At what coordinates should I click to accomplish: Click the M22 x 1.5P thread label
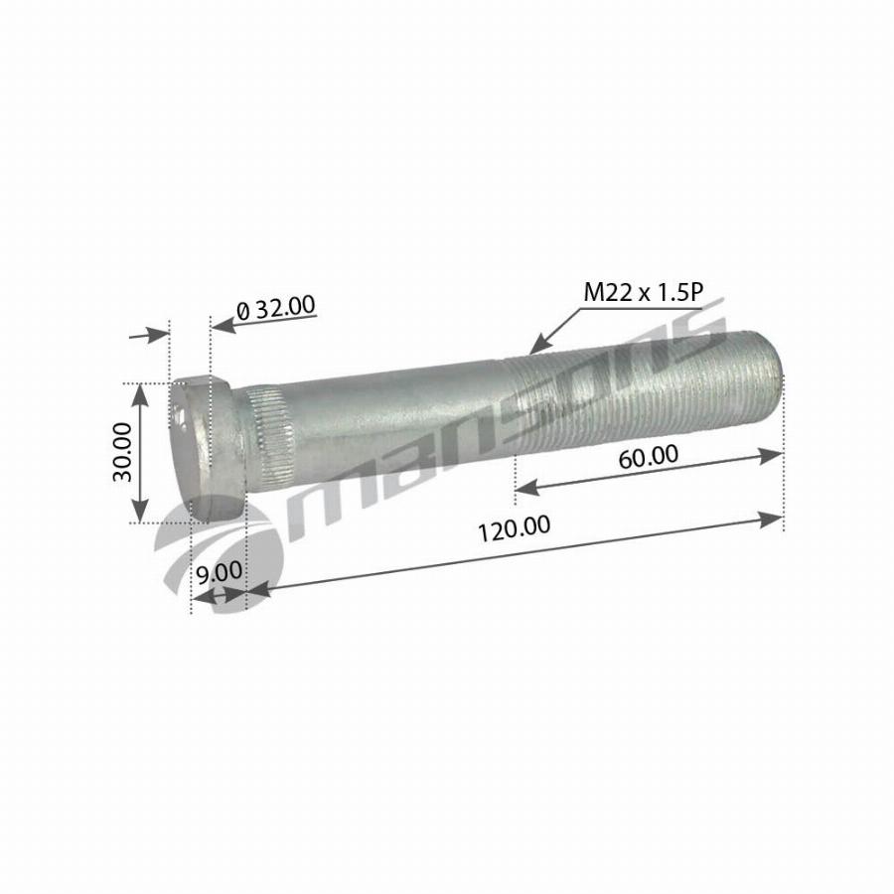(x=644, y=292)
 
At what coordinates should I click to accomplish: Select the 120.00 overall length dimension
(x=514, y=528)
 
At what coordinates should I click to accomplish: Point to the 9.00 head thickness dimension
(x=219, y=572)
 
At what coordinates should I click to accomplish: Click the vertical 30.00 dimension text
(x=122, y=452)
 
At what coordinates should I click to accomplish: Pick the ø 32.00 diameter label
(x=275, y=308)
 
